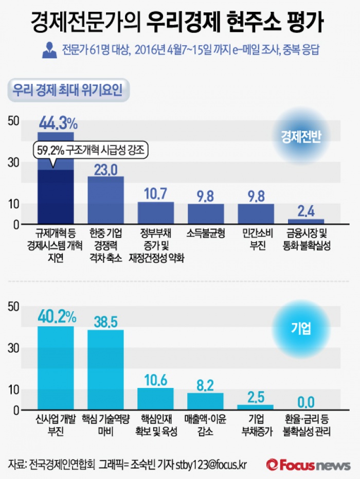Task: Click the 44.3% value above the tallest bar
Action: [58, 123]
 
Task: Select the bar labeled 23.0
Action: [105, 201]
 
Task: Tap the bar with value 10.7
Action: [155, 213]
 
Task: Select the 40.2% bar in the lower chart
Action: [56, 368]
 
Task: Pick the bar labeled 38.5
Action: [105, 369]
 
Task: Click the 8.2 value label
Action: [205, 385]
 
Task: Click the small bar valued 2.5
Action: [256, 407]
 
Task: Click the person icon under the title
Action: [50, 50]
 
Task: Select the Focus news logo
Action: [309, 465]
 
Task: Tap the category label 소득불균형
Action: [205, 234]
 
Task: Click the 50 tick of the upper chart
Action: [13, 120]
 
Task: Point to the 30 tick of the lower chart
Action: [13, 348]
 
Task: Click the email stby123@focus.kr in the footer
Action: [211, 465]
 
